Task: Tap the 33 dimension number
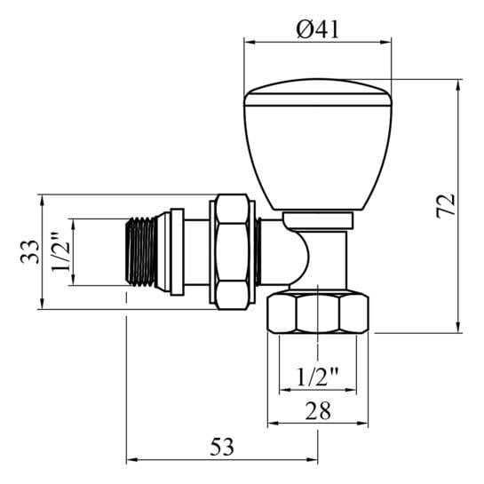click(29, 251)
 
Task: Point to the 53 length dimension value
click(222, 447)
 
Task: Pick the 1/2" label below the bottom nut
click(317, 377)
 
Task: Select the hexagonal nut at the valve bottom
click(318, 313)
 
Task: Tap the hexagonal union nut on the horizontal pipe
click(233, 252)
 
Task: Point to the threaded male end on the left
click(139, 252)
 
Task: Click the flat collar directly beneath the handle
click(318, 219)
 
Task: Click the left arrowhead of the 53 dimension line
click(131, 460)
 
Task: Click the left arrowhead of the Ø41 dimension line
click(249, 41)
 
